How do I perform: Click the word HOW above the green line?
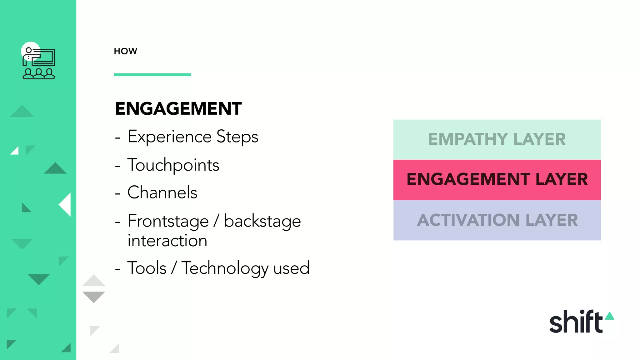click(x=125, y=51)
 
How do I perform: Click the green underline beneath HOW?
click(x=152, y=75)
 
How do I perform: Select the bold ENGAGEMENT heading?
click(x=178, y=109)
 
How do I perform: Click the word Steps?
click(x=237, y=137)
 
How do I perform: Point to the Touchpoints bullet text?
click(x=173, y=165)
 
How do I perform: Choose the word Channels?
click(x=162, y=192)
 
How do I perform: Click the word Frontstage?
click(x=168, y=221)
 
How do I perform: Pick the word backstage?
click(x=262, y=221)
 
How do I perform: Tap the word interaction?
click(x=167, y=241)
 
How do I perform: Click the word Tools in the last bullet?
click(x=147, y=268)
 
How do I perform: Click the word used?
click(x=291, y=268)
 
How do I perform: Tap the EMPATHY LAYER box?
click(x=497, y=139)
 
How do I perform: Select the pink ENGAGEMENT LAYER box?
click(x=497, y=180)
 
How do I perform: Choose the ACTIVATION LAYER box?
click(x=497, y=220)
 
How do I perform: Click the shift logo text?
click(x=576, y=322)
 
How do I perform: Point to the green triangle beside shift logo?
click(x=609, y=316)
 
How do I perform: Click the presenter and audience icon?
click(x=38, y=62)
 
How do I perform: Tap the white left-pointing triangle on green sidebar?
click(x=66, y=205)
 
